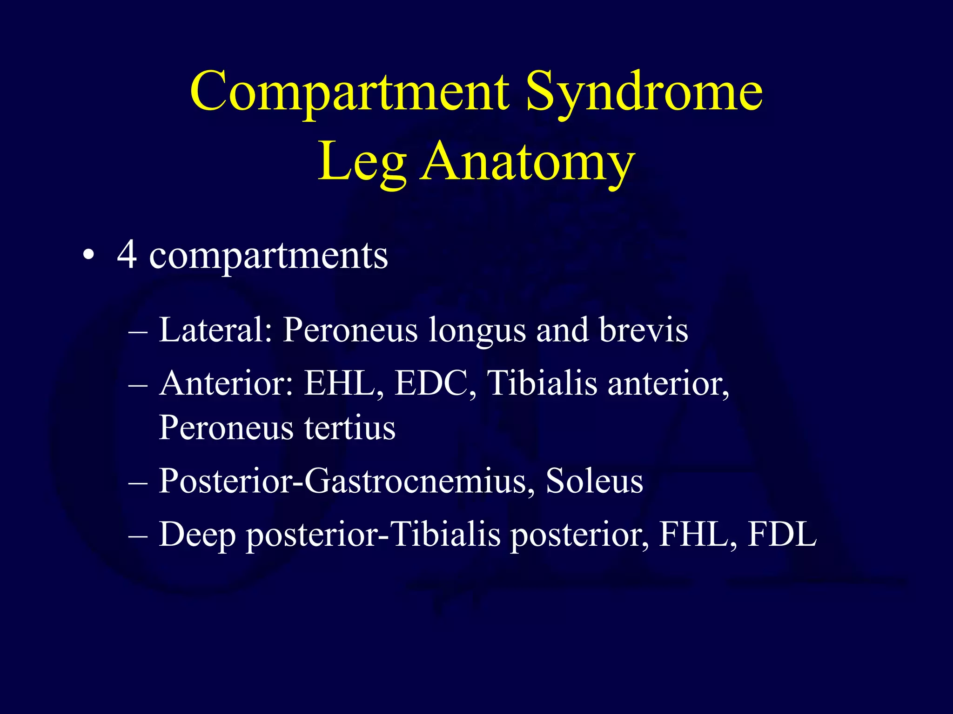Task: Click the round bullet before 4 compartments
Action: (88, 256)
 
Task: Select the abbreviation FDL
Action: (782, 535)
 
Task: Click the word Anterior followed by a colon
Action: (226, 383)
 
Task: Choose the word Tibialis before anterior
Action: (542, 383)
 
